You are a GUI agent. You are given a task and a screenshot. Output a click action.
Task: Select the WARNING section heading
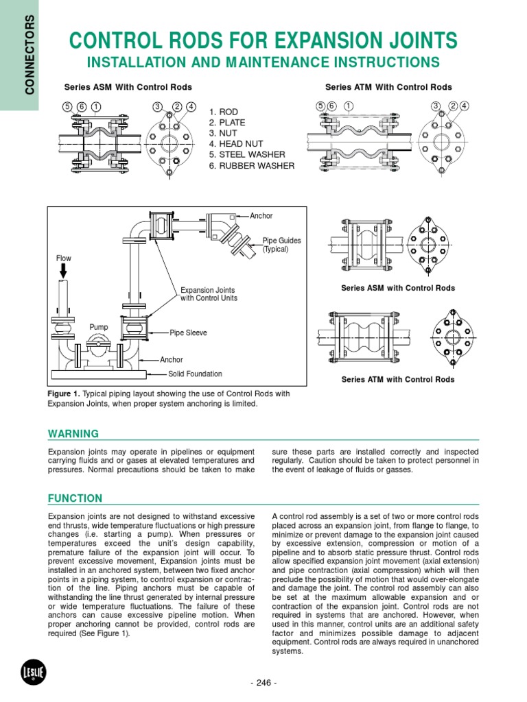tap(73, 434)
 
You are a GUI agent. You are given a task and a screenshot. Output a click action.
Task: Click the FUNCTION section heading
tap(75, 498)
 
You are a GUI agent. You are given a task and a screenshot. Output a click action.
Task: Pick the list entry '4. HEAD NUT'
tap(237, 144)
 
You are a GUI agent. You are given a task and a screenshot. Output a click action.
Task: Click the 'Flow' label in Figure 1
tap(63, 258)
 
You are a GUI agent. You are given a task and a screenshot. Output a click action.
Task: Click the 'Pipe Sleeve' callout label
tap(189, 333)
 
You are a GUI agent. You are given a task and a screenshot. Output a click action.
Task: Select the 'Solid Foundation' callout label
tap(196, 374)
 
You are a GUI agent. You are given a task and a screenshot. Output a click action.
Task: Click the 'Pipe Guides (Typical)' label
tap(281, 245)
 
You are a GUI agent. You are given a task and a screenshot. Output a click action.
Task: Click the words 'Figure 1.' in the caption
tap(65, 394)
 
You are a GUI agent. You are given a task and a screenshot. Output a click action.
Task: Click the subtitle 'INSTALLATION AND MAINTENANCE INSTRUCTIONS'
tap(263, 62)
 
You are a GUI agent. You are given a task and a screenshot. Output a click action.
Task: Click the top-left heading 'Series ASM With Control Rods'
tap(128, 87)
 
